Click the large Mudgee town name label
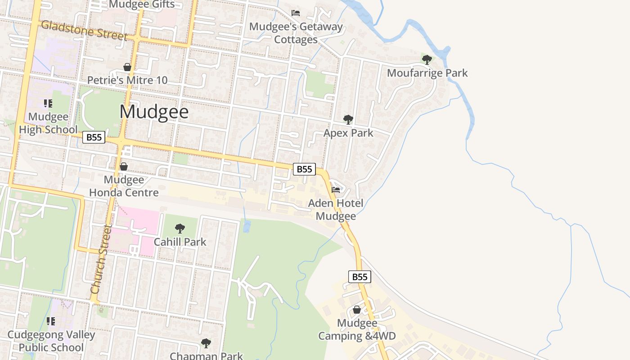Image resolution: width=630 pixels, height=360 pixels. click(x=154, y=112)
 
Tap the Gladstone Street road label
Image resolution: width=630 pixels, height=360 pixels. click(x=84, y=30)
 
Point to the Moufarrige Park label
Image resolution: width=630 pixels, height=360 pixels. click(x=427, y=73)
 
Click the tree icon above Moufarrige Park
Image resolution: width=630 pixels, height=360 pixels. click(x=427, y=59)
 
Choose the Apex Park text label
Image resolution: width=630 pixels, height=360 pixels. click(x=348, y=133)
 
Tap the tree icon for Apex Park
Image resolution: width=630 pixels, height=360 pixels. click(x=348, y=119)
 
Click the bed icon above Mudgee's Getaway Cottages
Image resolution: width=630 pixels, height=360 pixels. click(x=296, y=13)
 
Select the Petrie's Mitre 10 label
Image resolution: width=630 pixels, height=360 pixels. click(x=127, y=80)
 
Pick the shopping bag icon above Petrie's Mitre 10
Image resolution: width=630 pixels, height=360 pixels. click(x=127, y=67)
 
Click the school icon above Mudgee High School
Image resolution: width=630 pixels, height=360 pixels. click(x=48, y=103)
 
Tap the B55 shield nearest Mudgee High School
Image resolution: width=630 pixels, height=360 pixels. click(x=94, y=137)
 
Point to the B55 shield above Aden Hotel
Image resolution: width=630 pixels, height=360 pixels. click(x=305, y=169)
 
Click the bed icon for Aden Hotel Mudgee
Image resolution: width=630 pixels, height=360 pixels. click(x=336, y=189)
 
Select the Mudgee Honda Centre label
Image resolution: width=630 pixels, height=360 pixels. click(x=124, y=186)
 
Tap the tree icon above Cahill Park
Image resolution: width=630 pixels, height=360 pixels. click(x=180, y=229)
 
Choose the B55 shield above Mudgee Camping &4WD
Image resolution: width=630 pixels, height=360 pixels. click(x=360, y=277)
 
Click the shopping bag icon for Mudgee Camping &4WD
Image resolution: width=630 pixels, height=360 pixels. click(x=357, y=310)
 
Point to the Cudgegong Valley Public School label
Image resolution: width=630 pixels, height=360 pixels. click(x=51, y=341)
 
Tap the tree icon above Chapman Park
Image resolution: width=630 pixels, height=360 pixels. click(x=206, y=343)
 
